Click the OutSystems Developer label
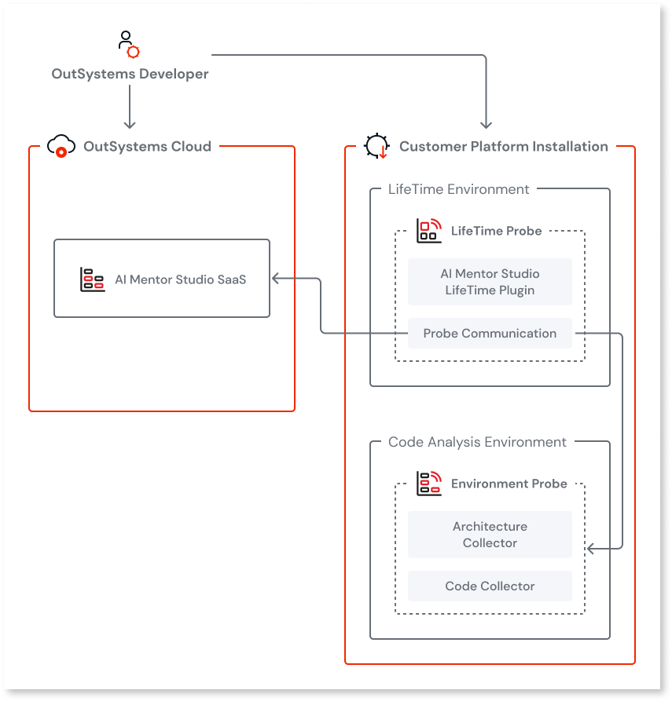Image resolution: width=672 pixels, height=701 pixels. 130,74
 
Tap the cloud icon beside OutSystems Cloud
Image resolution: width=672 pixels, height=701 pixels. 61,146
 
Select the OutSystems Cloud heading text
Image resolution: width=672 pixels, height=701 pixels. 147,146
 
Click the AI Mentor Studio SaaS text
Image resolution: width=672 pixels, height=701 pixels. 180,279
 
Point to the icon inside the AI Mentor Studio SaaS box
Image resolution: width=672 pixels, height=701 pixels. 92,279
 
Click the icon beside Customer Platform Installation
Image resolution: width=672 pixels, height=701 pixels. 376,146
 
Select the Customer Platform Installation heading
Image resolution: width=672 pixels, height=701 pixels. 503,146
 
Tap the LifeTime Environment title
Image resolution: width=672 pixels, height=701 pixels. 459,189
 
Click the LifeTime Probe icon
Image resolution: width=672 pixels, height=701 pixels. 428,231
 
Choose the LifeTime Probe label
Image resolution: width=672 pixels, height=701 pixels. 496,231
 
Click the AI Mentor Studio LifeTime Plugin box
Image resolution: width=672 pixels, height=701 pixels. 490,282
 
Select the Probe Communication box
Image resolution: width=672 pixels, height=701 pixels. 490,333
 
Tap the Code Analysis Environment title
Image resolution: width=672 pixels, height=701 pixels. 477,442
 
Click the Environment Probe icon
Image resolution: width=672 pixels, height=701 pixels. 428,484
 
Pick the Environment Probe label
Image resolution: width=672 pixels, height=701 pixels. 509,484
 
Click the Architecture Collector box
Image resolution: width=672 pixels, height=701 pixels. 490,535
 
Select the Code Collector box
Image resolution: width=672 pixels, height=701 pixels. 490,586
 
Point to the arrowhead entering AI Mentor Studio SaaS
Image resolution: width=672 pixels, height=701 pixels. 275,278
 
